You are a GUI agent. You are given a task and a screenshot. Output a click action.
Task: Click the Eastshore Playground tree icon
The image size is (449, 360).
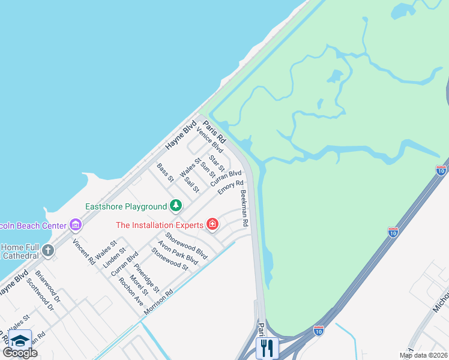175,206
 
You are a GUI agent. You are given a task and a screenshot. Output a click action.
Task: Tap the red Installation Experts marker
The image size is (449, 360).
212,225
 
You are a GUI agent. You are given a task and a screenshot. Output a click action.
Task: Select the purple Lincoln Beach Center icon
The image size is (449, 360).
75,225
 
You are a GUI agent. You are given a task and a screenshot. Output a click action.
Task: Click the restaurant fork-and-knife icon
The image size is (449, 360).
267,347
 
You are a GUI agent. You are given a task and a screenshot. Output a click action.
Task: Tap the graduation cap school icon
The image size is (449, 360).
20,340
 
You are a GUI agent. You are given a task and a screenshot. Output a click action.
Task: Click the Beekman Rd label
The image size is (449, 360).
244,208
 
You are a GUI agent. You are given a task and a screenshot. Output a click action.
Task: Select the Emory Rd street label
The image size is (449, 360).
231,188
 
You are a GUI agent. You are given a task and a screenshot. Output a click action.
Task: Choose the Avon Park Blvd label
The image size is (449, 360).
178,253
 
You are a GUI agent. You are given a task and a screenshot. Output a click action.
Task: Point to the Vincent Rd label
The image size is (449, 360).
83,252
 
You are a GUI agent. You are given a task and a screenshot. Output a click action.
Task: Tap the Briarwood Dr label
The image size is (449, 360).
48,289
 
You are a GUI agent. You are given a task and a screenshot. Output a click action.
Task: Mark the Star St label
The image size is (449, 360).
217,163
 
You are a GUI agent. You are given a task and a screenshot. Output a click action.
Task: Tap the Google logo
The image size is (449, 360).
20,353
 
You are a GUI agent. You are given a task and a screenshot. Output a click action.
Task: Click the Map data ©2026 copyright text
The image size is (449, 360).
423,355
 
